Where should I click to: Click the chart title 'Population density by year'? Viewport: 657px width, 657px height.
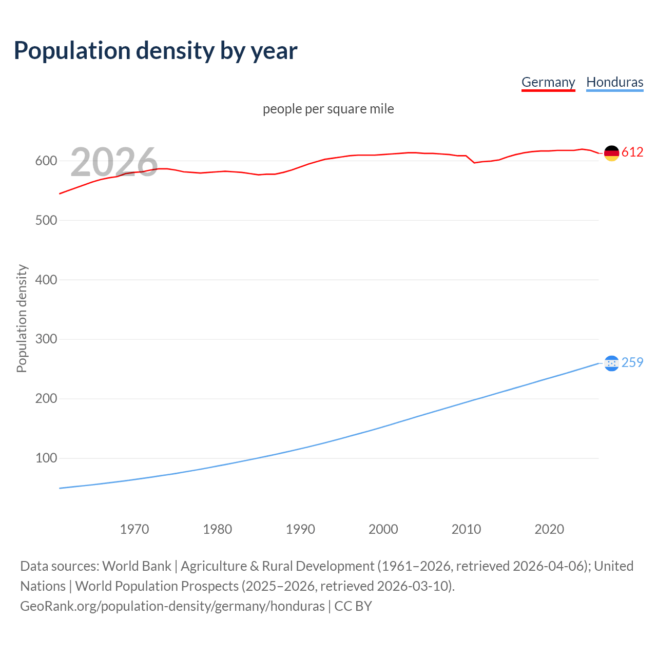156,51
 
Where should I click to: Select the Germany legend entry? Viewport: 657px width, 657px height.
548,82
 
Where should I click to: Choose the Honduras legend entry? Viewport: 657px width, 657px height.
614,82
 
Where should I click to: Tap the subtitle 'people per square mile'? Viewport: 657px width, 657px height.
328,109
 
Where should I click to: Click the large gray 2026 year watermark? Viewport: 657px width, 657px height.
114,162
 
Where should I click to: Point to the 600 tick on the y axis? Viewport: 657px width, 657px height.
46,161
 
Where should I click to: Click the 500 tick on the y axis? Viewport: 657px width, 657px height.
46,221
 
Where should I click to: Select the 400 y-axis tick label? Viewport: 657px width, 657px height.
46,280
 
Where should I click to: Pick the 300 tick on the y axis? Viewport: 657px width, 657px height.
46,339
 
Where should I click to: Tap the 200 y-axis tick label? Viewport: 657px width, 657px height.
46,399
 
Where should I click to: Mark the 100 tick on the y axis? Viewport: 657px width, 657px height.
46,458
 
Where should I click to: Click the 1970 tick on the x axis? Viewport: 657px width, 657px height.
134,529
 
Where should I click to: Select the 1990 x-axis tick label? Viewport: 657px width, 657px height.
300,529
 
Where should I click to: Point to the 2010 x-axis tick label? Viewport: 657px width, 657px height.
466,529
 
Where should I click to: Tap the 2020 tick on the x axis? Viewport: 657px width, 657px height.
549,529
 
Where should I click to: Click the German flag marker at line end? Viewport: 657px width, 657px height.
611,153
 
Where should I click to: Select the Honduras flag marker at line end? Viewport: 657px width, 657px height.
611,363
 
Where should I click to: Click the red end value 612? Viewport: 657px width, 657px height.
632,152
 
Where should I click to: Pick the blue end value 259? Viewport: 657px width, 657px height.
632,363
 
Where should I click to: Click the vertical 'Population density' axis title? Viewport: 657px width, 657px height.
22,318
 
